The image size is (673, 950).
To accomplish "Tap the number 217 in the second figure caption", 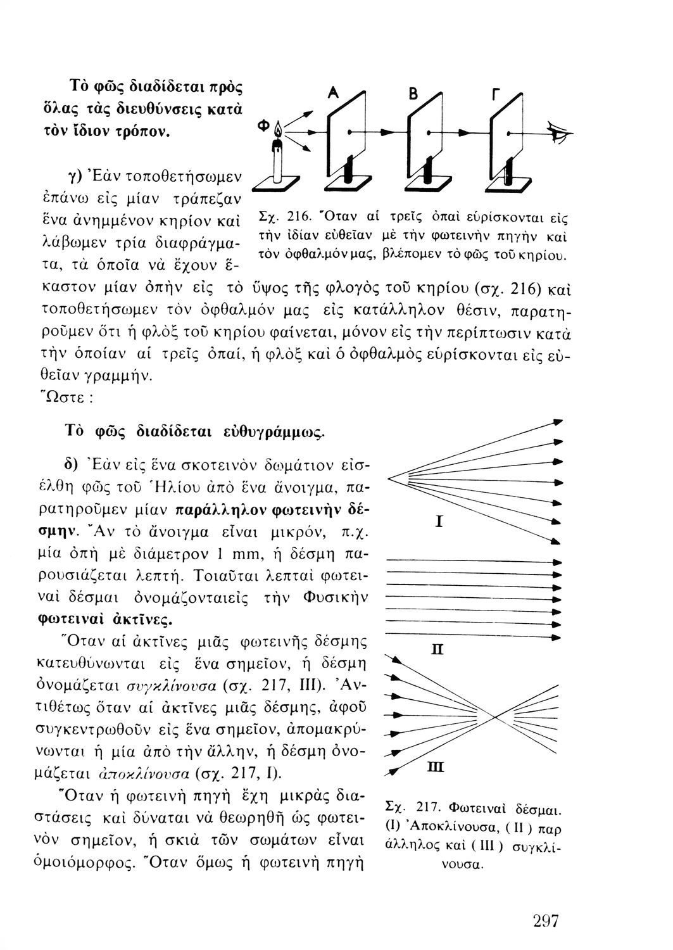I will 429,808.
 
